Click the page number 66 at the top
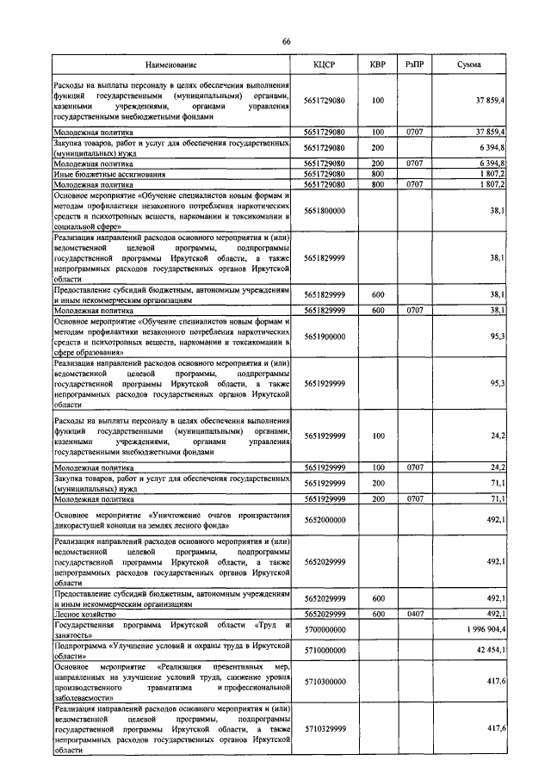pos(286,42)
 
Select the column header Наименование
pos(170,65)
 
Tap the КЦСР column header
pos(324,65)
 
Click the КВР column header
pos(377,65)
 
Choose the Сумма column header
pos(469,65)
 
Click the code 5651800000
pos(324,209)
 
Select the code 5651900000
pos(324,335)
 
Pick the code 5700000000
pos(324,631)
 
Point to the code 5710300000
pos(324,681)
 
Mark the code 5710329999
pos(324,728)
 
